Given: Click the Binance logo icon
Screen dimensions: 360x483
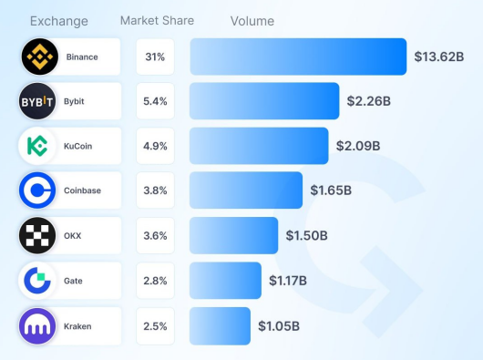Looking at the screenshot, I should point(39,57).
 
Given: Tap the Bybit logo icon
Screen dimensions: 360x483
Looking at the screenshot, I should point(39,101).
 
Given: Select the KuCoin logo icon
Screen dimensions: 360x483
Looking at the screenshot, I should point(39,146).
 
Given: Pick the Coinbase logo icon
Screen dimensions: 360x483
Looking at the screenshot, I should point(39,190).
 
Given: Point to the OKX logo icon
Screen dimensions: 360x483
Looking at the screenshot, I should point(39,235).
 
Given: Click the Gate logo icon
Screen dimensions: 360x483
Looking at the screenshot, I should point(39,280).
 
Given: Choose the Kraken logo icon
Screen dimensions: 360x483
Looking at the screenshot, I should point(39,325).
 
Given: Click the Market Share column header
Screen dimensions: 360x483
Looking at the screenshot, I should point(157,20).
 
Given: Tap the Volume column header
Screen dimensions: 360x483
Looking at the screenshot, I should point(252,21).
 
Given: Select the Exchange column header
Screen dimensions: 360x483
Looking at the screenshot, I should point(59,21).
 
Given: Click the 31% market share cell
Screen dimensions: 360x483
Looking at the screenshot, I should point(155,57).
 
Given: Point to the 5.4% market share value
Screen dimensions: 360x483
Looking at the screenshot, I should point(155,101).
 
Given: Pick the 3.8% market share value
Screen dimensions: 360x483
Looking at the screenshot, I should point(155,190).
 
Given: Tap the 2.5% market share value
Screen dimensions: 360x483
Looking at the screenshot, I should point(155,325).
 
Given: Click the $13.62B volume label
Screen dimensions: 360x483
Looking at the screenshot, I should point(438,57).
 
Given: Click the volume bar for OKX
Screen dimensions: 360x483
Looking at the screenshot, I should point(233,235).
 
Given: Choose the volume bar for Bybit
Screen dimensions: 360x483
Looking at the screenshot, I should point(264,101).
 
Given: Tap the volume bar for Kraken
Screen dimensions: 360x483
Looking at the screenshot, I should point(220,325).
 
